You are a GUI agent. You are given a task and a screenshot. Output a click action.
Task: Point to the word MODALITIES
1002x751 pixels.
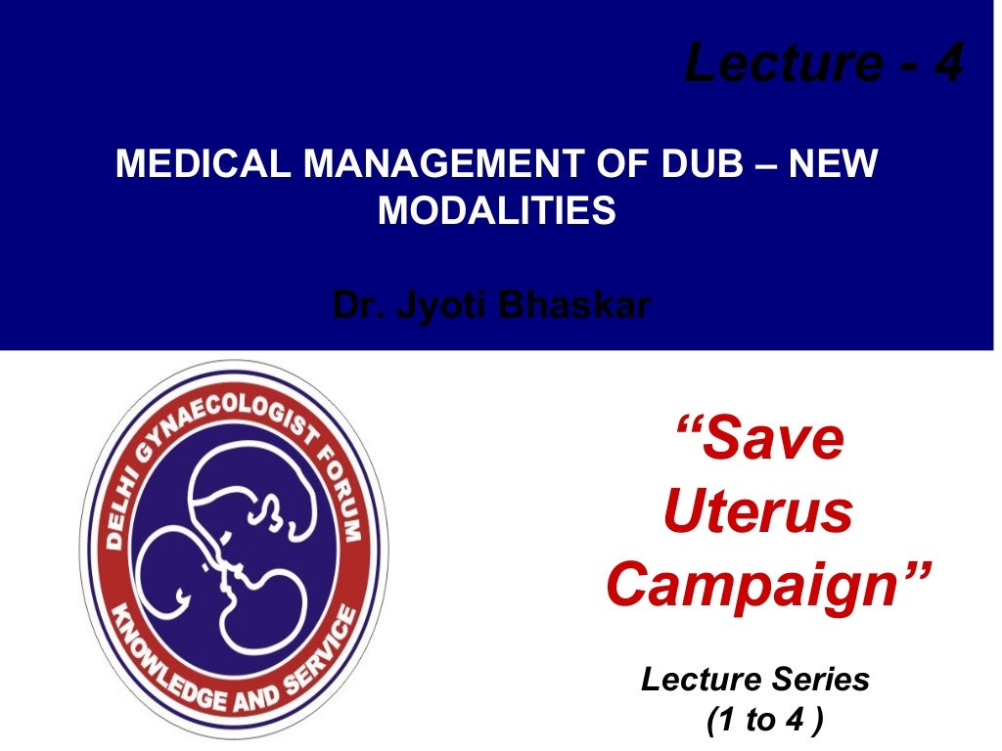click(x=497, y=210)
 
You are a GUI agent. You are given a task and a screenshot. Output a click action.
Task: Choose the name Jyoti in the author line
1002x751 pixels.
click(x=443, y=306)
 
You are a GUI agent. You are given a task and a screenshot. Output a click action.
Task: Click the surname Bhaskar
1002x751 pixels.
click(x=574, y=305)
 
